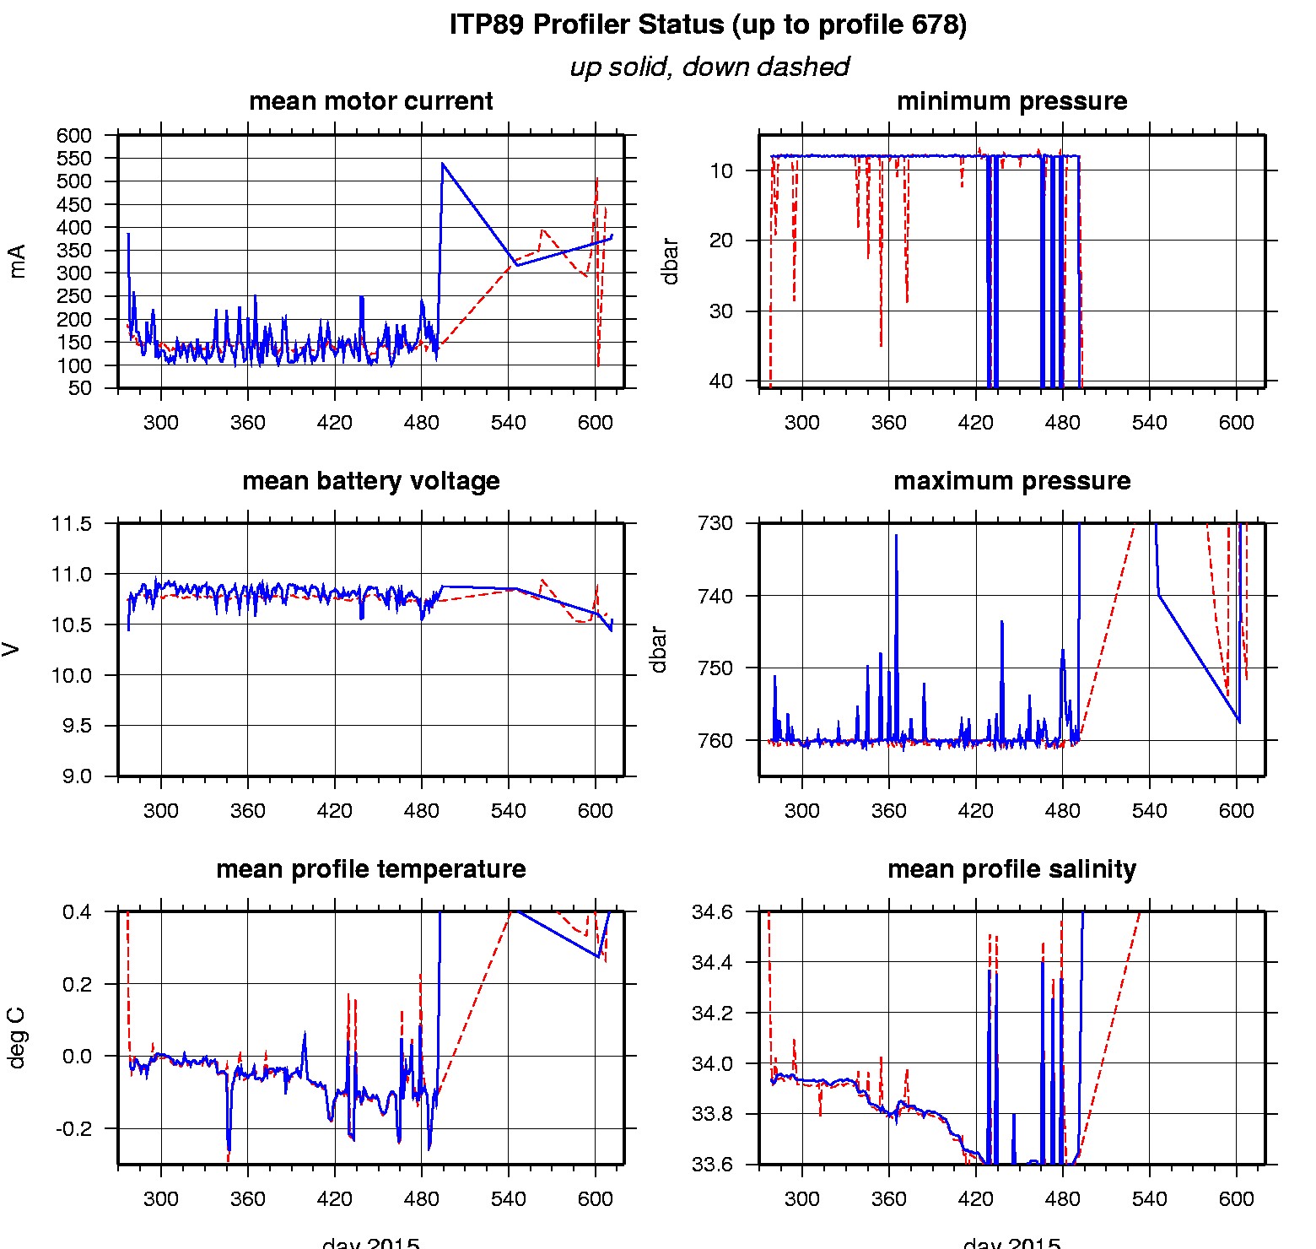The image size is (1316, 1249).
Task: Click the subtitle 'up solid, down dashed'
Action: coord(709,67)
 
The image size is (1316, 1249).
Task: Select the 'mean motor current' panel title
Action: coord(370,101)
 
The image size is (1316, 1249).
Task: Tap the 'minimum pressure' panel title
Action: coord(1011,101)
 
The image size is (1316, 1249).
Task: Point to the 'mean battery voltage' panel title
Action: coord(370,481)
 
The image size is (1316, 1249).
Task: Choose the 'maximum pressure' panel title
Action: coord(1011,481)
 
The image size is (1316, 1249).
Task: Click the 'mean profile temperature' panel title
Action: coord(370,869)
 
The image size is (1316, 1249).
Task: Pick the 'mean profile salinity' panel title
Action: coord(1011,869)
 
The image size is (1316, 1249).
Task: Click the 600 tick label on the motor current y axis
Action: coord(74,136)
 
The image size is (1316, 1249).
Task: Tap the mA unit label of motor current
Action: coord(17,261)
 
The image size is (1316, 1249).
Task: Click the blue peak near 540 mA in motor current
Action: coord(442,164)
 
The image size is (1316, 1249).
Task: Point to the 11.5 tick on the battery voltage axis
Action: coord(72,524)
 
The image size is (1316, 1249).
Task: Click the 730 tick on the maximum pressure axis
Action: coord(715,523)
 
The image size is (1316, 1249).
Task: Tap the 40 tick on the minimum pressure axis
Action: coord(720,381)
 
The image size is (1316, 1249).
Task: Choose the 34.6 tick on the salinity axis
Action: coord(712,912)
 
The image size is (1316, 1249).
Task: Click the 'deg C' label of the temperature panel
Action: coord(17,1039)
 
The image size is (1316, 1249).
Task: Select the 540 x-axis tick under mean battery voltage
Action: coord(508,811)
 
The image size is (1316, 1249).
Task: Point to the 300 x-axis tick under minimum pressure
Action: coord(801,423)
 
